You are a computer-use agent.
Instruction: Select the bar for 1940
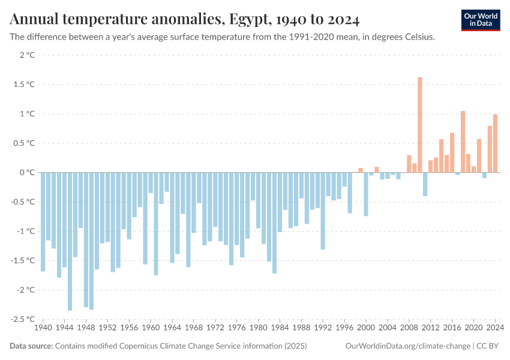43,221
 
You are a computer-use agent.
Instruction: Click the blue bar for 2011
425,184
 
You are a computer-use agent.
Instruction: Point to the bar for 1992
323,211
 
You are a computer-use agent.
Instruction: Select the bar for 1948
86,239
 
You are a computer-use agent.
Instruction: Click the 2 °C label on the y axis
28,55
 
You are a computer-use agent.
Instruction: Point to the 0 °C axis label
28,172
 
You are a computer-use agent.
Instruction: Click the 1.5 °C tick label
25,85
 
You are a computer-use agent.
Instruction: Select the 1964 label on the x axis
172,328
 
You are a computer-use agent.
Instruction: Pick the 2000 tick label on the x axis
366,328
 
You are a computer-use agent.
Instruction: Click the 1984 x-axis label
280,328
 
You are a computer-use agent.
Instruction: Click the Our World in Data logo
480,20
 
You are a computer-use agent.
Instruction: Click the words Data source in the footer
31,346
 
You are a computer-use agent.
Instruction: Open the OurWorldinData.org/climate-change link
407,346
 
